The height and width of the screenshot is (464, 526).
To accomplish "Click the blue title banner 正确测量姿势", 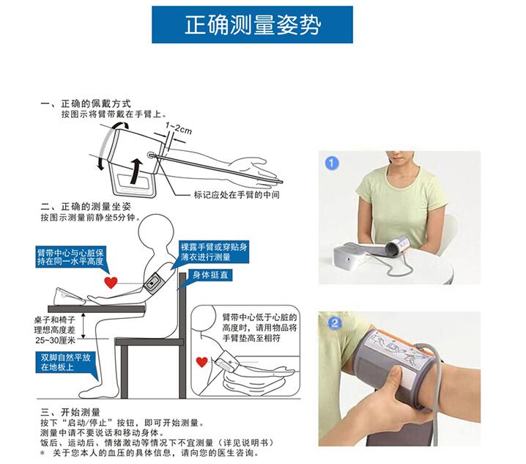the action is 252,24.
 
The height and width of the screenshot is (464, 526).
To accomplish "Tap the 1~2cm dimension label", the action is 179,128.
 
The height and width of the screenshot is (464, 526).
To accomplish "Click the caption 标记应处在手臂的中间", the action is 237,195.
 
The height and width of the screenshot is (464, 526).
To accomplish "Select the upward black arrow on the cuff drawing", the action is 136,172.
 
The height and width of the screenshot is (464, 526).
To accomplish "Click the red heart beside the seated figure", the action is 111,282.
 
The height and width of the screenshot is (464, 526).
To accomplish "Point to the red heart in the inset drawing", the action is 201,362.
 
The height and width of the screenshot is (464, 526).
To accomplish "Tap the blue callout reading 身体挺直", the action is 210,275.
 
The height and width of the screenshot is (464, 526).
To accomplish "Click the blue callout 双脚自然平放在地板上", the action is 66,362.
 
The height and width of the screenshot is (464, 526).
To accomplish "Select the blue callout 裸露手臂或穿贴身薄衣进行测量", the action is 214,252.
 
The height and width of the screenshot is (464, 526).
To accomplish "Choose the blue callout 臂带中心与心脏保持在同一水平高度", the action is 70,257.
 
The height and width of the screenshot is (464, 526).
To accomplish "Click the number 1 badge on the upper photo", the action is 332,163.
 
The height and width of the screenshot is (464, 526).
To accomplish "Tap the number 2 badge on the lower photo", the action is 335,324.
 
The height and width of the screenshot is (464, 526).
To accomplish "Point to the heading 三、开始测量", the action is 70,412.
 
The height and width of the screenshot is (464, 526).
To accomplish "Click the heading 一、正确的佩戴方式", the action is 86,104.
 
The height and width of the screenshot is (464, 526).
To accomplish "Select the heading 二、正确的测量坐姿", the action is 86,207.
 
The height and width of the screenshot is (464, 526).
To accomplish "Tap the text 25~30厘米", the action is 56,340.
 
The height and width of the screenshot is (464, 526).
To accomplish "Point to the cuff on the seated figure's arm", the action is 155,284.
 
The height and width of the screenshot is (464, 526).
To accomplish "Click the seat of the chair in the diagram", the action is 149,342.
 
